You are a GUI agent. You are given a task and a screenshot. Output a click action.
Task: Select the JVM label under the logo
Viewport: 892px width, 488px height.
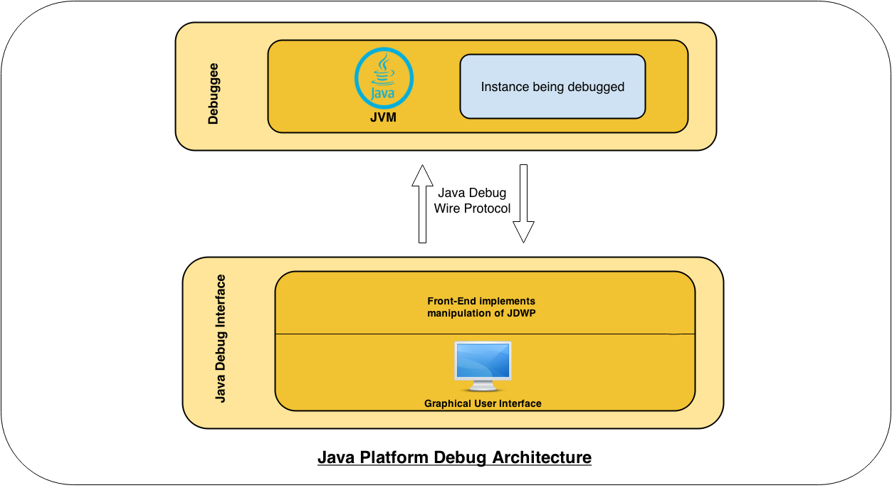(x=384, y=118)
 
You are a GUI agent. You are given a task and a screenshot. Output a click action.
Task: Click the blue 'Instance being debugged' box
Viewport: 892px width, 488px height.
(x=552, y=87)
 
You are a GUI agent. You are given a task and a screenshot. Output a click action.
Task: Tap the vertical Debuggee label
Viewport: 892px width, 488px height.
(x=213, y=94)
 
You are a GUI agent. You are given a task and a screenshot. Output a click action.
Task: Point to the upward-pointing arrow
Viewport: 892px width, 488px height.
(x=422, y=204)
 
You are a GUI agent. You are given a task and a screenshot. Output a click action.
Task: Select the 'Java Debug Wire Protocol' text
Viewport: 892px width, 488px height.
(x=473, y=201)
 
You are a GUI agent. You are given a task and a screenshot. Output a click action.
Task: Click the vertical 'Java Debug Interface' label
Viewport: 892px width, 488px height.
(x=221, y=338)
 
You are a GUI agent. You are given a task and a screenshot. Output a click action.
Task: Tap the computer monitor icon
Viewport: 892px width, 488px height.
(x=483, y=366)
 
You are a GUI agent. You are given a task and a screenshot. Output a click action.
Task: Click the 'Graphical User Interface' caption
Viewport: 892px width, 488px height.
(x=483, y=403)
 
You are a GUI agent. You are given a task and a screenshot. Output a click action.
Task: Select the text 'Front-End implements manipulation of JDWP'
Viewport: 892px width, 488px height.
(x=481, y=307)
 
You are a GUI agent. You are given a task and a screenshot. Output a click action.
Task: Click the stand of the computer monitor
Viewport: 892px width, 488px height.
(x=483, y=386)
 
